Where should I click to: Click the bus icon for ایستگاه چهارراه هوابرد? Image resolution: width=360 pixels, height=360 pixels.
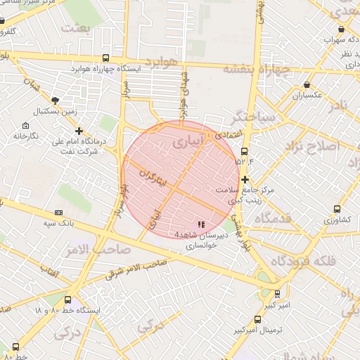point(105,58)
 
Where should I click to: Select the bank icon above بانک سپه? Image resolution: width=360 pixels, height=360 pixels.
point(58,212)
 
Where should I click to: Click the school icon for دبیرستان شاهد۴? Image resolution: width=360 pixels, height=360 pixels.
point(201,224)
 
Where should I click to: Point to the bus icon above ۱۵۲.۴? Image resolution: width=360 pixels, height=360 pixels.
point(244,150)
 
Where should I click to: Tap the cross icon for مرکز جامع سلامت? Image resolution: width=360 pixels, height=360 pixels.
point(244,180)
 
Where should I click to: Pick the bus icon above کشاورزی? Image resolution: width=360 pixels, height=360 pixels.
point(337,209)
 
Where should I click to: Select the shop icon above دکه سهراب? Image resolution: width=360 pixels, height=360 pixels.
point(341,29)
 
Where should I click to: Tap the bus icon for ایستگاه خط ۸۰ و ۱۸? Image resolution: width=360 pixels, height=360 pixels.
point(67,300)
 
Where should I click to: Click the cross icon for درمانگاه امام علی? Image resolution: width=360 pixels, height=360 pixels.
point(79,130)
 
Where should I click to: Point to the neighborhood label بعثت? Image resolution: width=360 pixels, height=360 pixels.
point(77,28)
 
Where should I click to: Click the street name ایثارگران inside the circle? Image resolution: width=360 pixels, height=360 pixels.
point(153,178)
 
